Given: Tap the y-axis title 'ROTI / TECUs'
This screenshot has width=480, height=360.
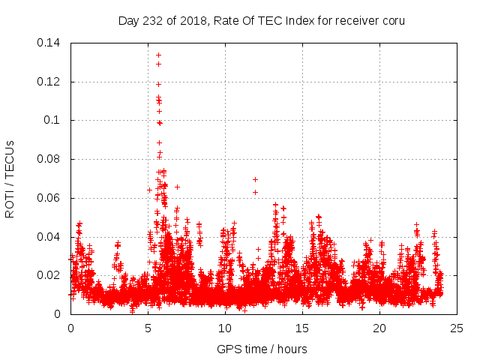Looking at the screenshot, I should click(x=10, y=178).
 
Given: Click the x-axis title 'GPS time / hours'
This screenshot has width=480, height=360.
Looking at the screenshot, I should click(x=262, y=349).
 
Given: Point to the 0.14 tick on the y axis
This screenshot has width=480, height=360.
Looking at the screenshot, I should click(x=49, y=43).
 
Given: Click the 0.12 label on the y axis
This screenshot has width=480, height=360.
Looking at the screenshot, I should click(x=49, y=82).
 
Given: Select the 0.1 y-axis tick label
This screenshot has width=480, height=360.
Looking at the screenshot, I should click(x=54, y=120).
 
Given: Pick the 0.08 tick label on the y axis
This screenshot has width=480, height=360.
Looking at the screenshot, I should click(x=49, y=159).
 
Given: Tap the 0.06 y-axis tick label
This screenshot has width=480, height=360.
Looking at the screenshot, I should click(x=49, y=198).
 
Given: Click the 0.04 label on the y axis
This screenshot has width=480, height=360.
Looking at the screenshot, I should click(x=49, y=237).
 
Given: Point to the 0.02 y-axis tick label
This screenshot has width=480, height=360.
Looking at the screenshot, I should click(x=49, y=275).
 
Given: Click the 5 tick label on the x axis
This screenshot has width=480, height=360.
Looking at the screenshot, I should click(x=148, y=328).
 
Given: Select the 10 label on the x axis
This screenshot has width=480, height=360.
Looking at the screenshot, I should click(x=226, y=328).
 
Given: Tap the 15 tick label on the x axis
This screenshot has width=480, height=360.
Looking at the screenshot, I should click(x=303, y=328).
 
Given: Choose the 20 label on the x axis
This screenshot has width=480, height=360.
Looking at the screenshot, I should click(x=380, y=328).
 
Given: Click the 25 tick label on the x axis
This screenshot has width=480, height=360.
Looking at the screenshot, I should click(x=457, y=328).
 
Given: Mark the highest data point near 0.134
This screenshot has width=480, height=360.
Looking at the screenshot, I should click(x=158, y=55).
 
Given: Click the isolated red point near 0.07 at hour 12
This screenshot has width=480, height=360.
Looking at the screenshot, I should click(x=255, y=179).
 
